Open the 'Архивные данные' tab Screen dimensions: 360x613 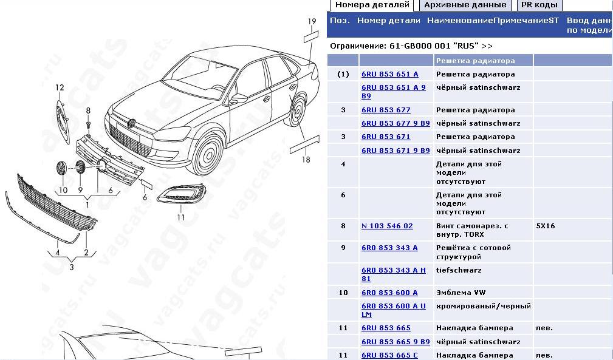(465, 5)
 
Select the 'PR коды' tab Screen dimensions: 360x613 (539, 5)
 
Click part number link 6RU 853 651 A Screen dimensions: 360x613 (389, 74)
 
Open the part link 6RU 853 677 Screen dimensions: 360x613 (386, 110)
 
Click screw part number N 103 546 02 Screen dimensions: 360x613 (387, 226)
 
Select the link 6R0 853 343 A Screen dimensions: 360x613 (389, 248)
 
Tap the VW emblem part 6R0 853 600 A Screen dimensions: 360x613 (389, 293)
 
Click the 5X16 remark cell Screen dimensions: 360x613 (546, 226)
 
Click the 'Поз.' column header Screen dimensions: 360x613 (340, 21)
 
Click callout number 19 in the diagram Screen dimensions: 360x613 (312, 22)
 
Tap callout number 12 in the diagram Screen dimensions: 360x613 (60, 88)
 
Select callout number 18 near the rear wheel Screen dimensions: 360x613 (306, 160)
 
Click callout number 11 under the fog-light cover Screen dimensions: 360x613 (180, 217)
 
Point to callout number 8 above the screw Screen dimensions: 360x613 (88, 110)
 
